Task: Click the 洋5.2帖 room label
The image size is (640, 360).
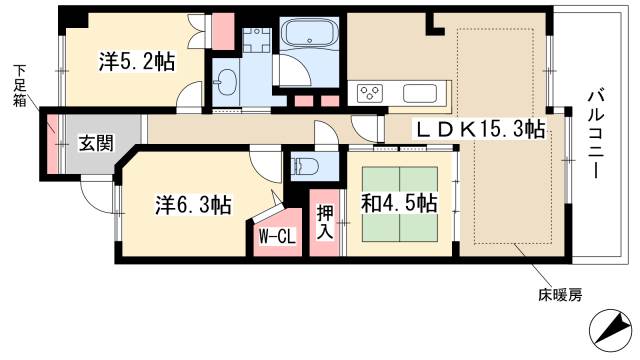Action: (x=136, y=62)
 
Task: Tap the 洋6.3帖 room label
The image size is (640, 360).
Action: (x=193, y=206)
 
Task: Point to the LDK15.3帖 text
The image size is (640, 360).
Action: (x=481, y=129)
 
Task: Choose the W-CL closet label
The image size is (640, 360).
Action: (x=275, y=237)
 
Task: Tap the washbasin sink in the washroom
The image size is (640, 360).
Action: (x=227, y=81)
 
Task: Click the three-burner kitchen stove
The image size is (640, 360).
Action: (x=370, y=94)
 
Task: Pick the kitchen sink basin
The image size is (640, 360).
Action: (x=419, y=94)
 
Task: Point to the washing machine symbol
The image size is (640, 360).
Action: (x=254, y=41)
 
